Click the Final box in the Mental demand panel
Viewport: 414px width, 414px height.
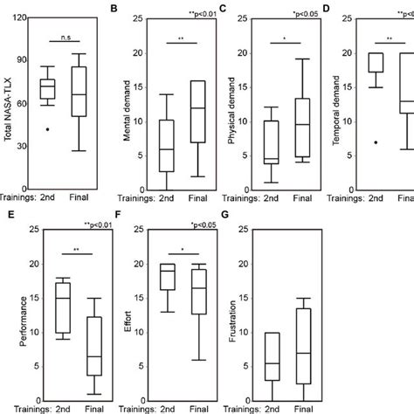[x=198, y=112]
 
